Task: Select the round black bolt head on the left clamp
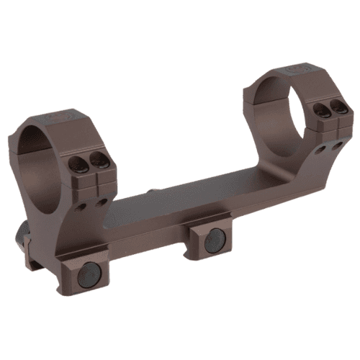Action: pyautogui.click(x=87, y=274)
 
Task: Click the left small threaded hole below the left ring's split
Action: pyautogui.click(x=85, y=206)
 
